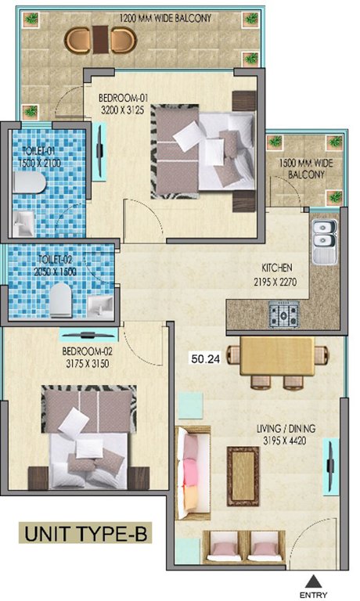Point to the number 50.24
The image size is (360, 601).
[205, 359]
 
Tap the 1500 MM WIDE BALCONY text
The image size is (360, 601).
[303, 170]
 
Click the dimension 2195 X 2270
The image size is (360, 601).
[273, 282]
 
